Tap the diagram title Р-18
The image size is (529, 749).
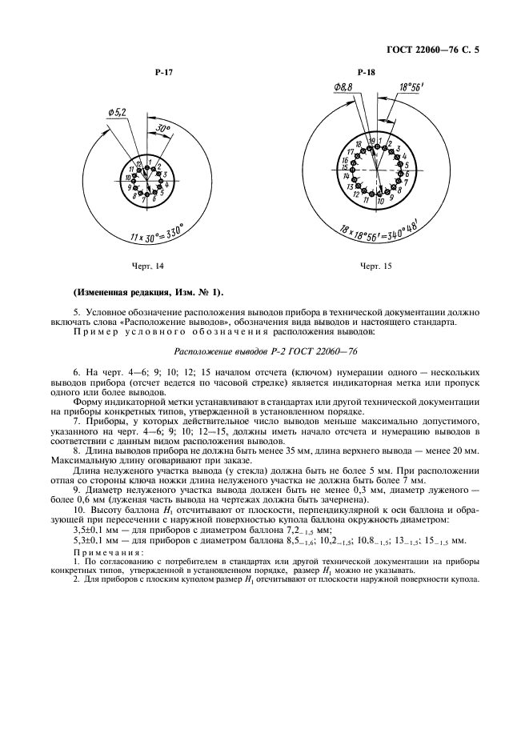point(367,73)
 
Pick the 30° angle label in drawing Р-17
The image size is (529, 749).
point(164,128)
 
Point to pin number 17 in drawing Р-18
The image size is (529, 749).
point(350,150)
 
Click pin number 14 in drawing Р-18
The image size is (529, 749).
point(347,176)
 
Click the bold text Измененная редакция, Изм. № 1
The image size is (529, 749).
point(148,290)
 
